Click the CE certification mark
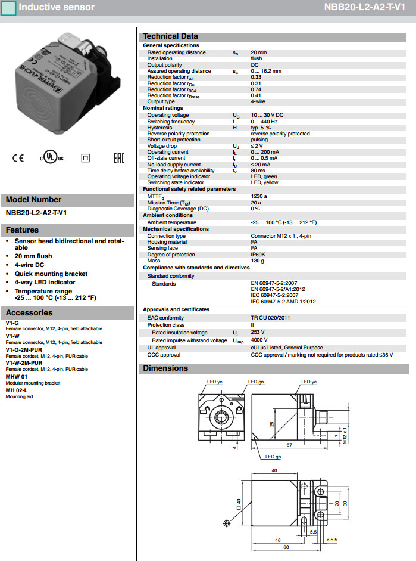click(18, 158)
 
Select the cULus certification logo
click(51, 158)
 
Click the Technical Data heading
click(170, 36)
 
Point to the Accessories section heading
click(29, 312)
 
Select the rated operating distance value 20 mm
click(258, 52)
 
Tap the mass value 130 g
click(258, 261)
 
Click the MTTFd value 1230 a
click(259, 196)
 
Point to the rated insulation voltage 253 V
click(258, 333)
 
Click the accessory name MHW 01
click(17, 377)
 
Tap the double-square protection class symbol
click(85, 158)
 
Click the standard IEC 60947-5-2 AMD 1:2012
click(283, 302)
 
